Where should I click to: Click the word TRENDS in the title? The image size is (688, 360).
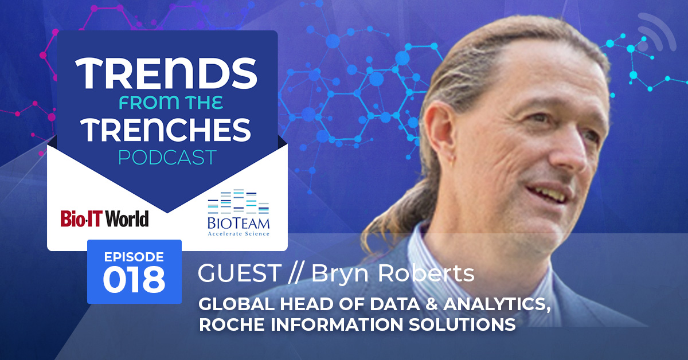pyautogui.click(x=166, y=73)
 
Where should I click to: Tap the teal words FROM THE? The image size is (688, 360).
pyautogui.click(x=171, y=103)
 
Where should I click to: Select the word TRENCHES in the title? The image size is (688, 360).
pyautogui.click(x=167, y=130)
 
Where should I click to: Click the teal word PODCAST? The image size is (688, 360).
pyautogui.click(x=167, y=157)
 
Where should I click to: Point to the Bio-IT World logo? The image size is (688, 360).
pyautogui.click(x=104, y=219)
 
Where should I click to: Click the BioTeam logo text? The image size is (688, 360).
pyautogui.click(x=239, y=226)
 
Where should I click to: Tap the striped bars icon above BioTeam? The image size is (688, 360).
pyautogui.click(x=239, y=202)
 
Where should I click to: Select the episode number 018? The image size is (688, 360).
pyautogui.click(x=134, y=280)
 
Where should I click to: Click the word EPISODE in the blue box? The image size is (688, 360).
pyautogui.click(x=134, y=257)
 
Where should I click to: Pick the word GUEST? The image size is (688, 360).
pyautogui.click(x=240, y=273)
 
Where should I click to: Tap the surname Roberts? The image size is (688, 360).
pyautogui.click(x=426, y=273)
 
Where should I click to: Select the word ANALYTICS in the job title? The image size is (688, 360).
pyautogui.click(x=497, y=304)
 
